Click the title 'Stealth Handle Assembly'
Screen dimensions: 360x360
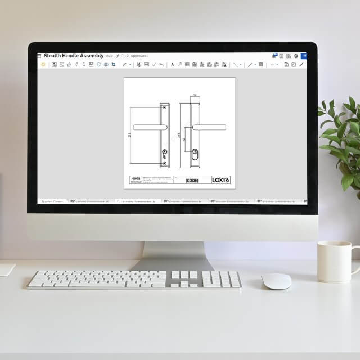(x=74, y=56)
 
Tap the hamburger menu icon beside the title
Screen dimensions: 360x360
(x=39, y=56)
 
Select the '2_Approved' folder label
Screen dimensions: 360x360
(x=137, y=56)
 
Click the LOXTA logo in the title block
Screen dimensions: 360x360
(x=220, y=180)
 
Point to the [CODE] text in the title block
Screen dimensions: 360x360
(x=192, y=181)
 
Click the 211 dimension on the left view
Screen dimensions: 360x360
(x=129, y=135)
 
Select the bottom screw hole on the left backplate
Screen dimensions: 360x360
(x=164, y=164)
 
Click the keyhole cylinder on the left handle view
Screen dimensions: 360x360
(x=164, y=152)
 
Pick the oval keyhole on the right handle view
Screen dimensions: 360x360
(x=195, y=154)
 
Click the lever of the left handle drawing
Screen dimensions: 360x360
(x=149, y=127)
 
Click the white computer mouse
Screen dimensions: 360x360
(x=277, y=281)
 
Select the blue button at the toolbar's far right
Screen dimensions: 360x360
(x=304, y=56)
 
